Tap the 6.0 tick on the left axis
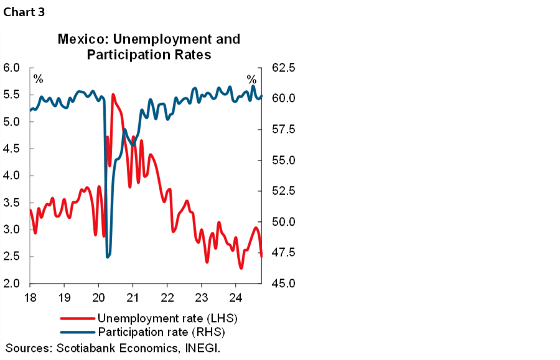(x=12, y=68)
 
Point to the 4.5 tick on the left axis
(x=12, y=149)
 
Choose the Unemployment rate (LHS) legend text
(x=168, y=318)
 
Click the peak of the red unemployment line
(x=113, y=95)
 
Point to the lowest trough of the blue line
(x=108, y=256)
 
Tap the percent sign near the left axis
(x=39, y=80)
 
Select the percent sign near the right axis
(x=251, y=80)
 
